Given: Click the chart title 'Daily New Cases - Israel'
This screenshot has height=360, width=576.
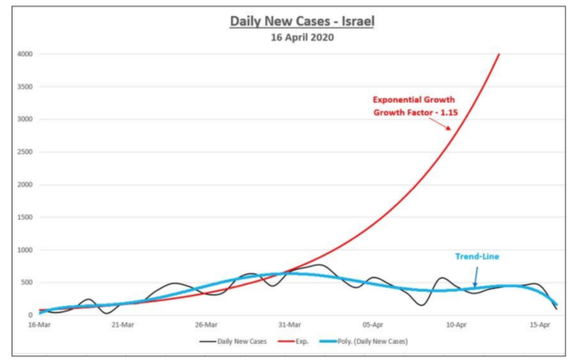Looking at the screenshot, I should click(301, 21).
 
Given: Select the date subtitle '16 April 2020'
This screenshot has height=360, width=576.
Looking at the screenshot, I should click(301, 38).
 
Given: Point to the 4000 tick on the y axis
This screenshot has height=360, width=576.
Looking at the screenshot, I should click(25, 54).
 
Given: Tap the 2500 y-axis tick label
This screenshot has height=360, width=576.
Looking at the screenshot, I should click(25, 152).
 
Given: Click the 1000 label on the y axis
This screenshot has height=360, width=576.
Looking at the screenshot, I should click(25, 250).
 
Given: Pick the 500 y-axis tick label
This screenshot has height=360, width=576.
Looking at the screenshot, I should click(28, 283).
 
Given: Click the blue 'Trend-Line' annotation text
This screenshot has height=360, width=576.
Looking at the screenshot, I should click(476, 256).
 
